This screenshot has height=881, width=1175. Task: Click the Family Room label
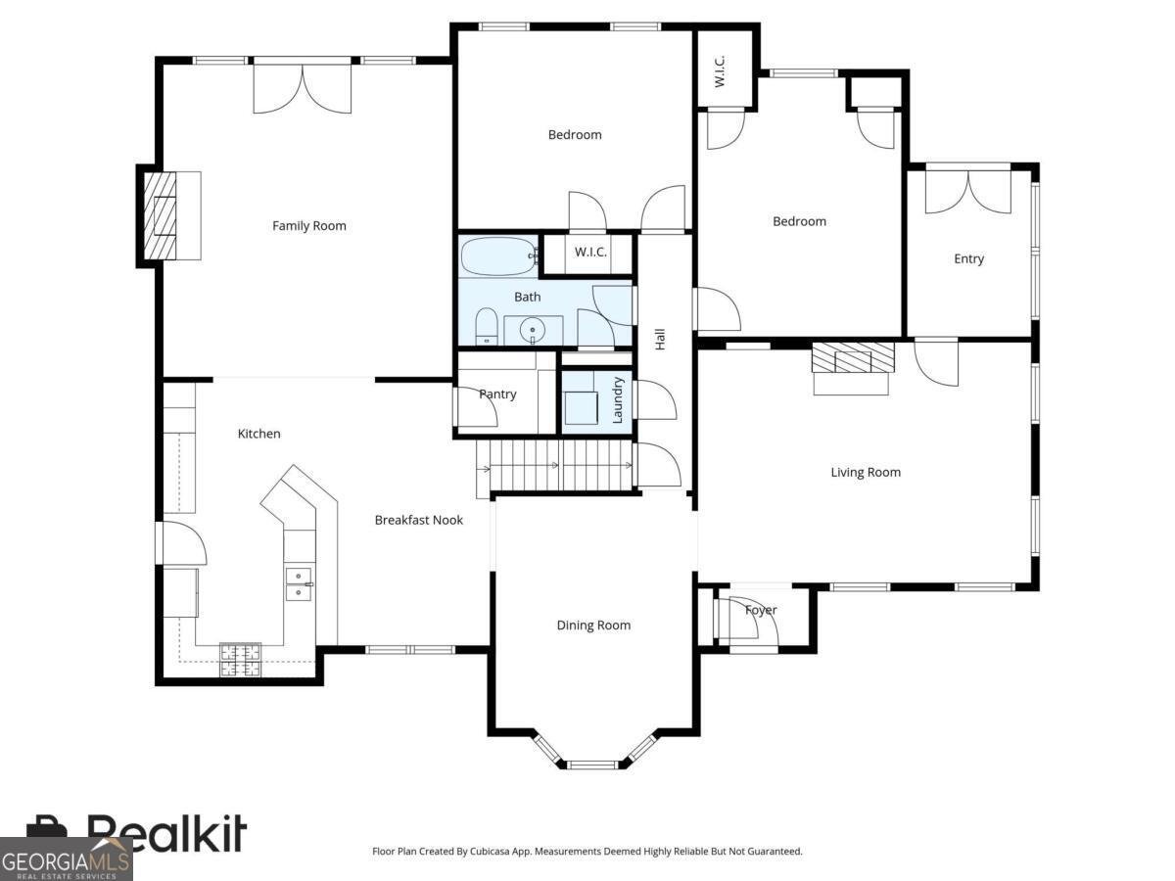coord(309,226)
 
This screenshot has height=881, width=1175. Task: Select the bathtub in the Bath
coord(498,257)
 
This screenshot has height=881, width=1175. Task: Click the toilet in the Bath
coord(487,326)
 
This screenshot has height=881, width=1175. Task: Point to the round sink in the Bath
coord(533,330)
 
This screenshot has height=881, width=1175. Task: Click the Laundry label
coord(618,399)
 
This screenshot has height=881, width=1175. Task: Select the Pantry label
coord(497,394)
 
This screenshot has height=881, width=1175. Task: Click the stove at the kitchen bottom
coord(240,660)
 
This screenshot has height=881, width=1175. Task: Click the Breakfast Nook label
coord(419,520)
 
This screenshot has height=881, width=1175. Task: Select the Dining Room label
coord(593,626)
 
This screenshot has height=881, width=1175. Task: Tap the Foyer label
coord(761,610)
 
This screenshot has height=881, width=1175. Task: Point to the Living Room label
coord(866,472)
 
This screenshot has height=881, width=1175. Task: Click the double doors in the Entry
coord(967,191)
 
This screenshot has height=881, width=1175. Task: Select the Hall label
coord(660,339)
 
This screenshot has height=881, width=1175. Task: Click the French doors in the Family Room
coord(302,88)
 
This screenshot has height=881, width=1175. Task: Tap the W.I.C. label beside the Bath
coord(590,253)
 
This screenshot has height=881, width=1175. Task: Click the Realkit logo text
coord(166,834)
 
